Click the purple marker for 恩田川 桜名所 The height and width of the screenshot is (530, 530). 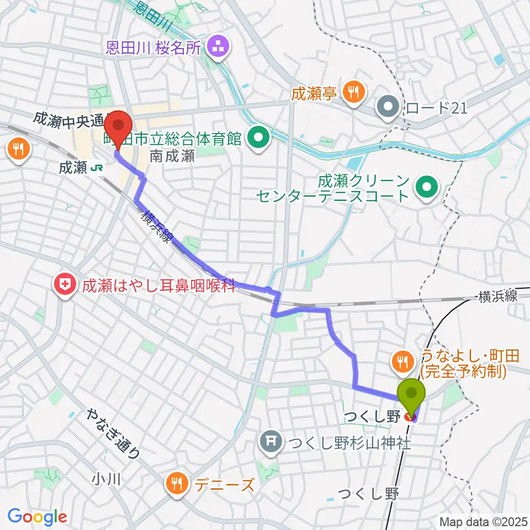(218, 48)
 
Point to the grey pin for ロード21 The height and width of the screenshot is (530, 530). (388, 107)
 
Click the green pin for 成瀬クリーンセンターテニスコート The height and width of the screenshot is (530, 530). (427, 188)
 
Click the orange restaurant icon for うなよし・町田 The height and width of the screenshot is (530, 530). (401, 362)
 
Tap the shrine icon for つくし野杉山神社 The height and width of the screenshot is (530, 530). (271, 441)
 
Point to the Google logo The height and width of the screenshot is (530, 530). (38, 517)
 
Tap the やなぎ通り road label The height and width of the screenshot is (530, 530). (114, 434)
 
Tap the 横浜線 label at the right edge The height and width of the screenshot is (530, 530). (499, 296)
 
